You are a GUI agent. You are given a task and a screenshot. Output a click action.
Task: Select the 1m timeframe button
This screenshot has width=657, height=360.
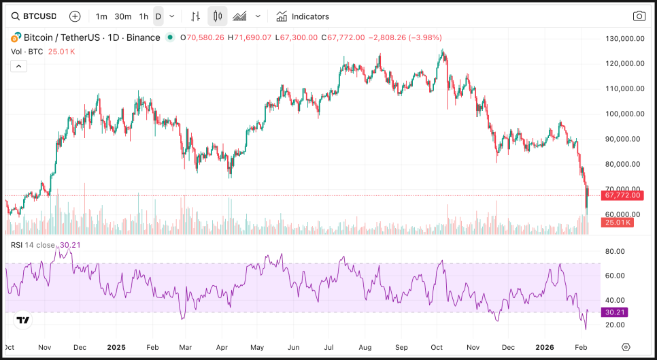(101, 16)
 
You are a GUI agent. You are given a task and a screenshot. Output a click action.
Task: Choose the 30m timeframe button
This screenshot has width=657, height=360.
(122, 16)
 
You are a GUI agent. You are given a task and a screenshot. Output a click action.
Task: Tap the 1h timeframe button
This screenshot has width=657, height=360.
(144, 16)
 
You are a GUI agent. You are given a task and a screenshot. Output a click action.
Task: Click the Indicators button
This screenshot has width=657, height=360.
(303, 16)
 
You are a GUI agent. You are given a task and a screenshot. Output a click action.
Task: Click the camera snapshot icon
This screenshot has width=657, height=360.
(639, 16)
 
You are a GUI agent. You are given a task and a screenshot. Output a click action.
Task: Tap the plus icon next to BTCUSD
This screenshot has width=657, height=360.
(75, 16)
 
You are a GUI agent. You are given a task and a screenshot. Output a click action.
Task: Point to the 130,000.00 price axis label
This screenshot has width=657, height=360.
(624, 39)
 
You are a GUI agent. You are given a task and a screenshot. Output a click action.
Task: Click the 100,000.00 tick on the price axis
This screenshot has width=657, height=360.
(624, 114)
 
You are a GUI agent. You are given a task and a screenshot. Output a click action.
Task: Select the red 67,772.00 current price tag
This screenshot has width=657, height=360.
(622, 195)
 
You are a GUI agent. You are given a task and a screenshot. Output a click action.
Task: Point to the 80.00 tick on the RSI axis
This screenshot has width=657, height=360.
(615, 251)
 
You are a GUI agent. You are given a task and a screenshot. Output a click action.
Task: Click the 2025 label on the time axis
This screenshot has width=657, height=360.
(117, 346)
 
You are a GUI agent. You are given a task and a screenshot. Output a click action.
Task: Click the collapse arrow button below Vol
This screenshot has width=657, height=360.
(18, 66)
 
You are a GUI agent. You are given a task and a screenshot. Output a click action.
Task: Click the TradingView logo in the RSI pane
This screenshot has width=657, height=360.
(23, 320)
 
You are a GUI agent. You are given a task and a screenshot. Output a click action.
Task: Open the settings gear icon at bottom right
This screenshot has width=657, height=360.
(626, 347)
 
